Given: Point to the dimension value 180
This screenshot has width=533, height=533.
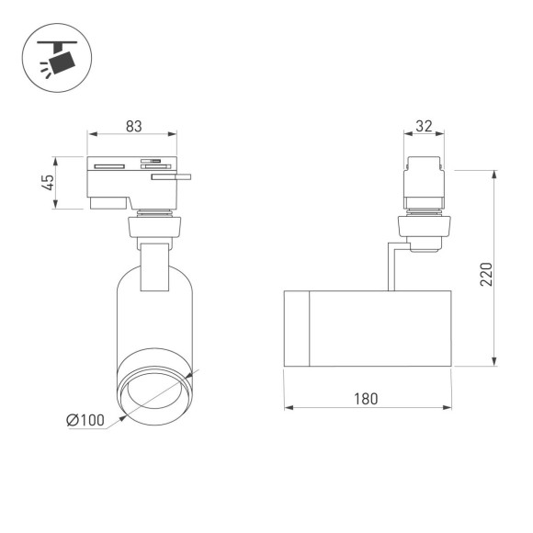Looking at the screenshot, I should (x=366, y=399).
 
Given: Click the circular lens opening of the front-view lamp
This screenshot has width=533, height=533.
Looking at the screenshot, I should (x=154, y=391).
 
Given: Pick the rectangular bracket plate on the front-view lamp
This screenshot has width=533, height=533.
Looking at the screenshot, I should (x=154, y=267).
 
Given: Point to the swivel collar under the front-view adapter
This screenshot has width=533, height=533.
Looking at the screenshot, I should (x=154, y=223).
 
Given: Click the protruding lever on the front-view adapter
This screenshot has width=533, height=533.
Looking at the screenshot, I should (x=172, y=178).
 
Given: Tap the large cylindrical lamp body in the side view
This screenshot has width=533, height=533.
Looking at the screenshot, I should (x=381, y=328).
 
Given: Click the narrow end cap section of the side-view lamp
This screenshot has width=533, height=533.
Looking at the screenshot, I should (x=296, y=328).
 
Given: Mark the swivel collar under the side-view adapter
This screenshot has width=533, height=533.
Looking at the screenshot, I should (x=425, y=226).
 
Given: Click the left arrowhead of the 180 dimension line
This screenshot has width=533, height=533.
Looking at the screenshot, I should (x=288, y=408).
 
